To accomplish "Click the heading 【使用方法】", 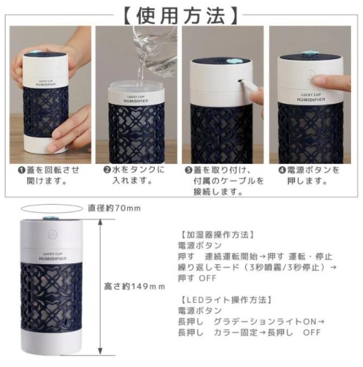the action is [x=181, y=15].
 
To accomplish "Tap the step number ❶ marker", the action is [x=22, y=170].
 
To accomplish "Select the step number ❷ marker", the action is [x=107, y=170].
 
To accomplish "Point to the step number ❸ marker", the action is [x=188, y=170].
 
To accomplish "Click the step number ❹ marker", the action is [x=282, y=170].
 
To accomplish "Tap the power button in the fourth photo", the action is [x=311, y=75].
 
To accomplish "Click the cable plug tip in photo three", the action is [x=240, y=81].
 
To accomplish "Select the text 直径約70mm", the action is [x=114, y=208].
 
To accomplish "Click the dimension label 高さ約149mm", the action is [x=134, y=286].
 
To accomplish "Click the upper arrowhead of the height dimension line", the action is [x=100, y=222].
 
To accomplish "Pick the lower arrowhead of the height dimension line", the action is [x=100, y=352].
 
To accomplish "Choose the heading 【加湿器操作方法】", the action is [x=217, y=234].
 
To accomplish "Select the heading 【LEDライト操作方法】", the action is [x=226, y=300].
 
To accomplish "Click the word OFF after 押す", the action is [x=208, y=279].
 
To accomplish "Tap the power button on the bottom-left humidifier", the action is [x=53, y=234].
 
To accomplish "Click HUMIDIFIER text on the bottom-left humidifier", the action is [x=53, y=259].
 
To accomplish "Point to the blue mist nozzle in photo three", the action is [x=232, y=61].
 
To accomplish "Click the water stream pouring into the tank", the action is [x=141, y=63].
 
